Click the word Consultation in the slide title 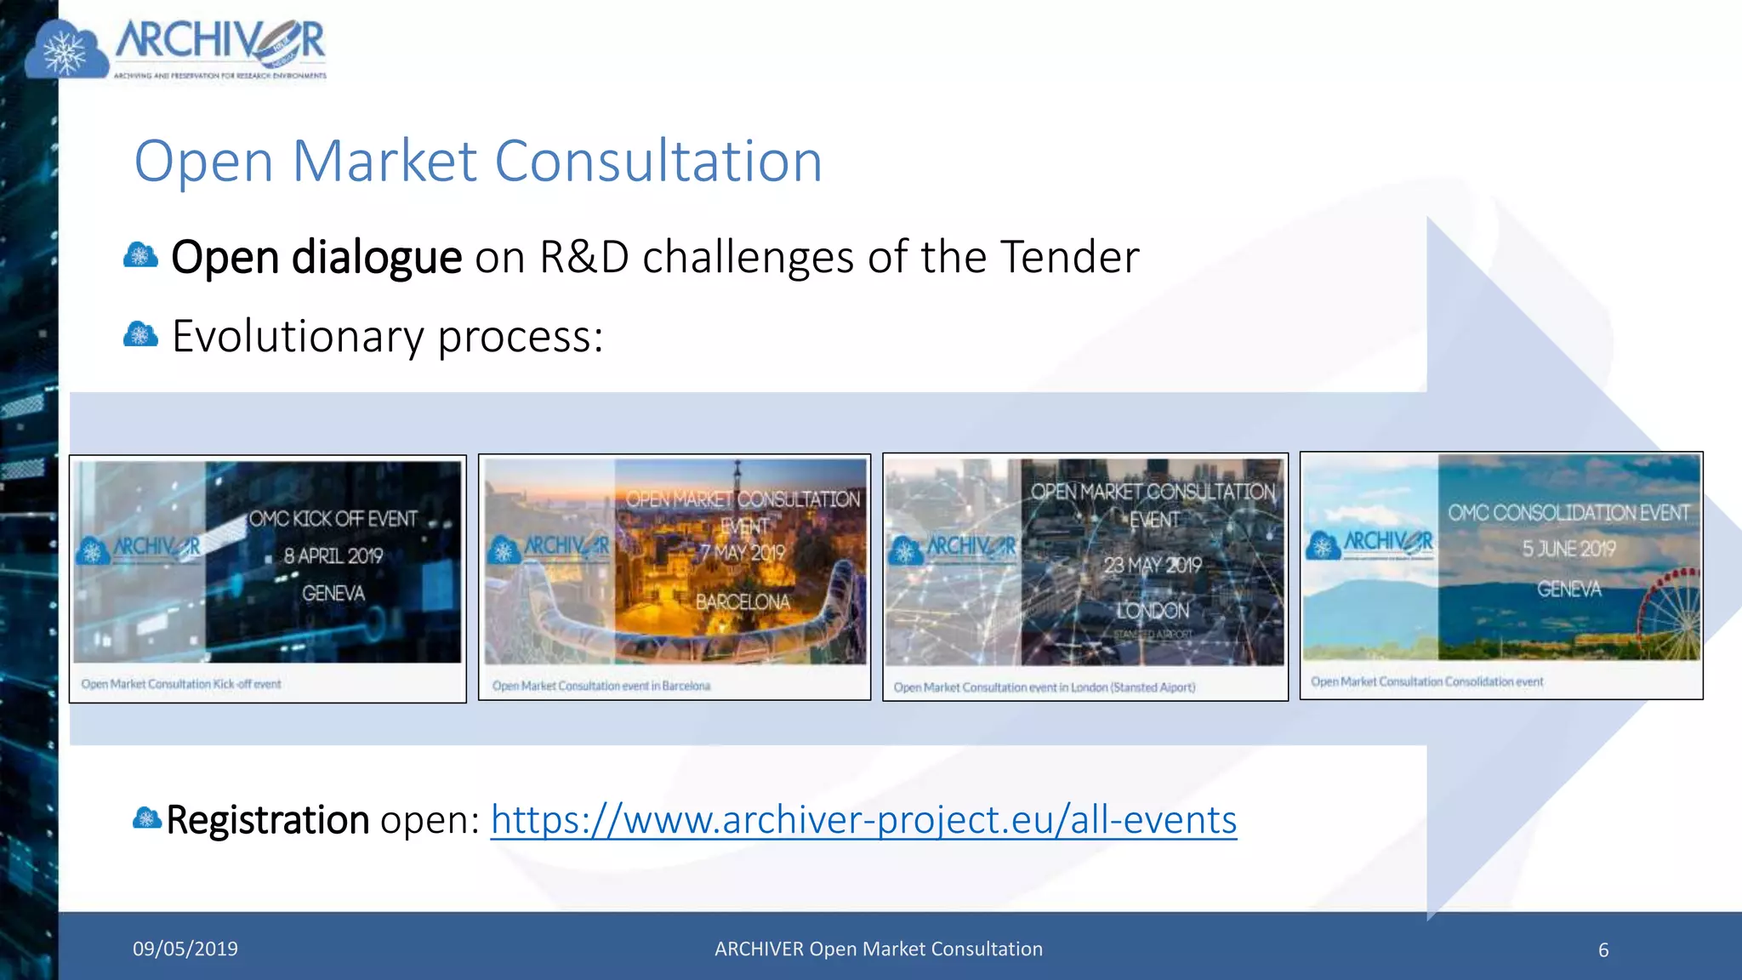point(658,161)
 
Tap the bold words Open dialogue point(316,257)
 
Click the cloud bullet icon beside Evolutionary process point(140,335)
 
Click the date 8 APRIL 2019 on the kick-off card point(333,556)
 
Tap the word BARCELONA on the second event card point(743,602)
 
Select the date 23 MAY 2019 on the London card point(1153,566)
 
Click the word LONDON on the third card point(1153,611)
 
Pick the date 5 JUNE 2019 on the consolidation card point(1568,550)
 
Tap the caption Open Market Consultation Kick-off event point(181,684)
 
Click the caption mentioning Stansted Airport point(1044,687)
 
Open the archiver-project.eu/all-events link point(863,820)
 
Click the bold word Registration point(267,820)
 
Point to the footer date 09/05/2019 point(185,949)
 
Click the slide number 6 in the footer point(1603,950)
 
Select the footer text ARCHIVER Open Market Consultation point(878,949)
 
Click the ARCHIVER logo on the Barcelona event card point(549,548)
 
